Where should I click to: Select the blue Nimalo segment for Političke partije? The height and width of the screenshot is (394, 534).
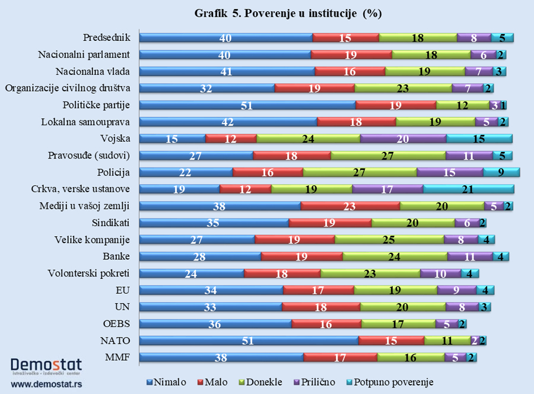pyautogui.click(x=247, y=105)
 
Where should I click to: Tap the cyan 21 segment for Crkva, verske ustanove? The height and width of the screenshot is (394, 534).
pyautogui.click(x=468, y=189)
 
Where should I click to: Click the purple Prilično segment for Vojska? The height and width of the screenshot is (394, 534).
pyautogui.click(x=403, y=139)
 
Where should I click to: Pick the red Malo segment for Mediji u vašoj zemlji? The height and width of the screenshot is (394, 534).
pyautogui.click(x=350, y=206)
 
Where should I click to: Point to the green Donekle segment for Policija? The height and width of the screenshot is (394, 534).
pyautogui.click(x=360, y=172)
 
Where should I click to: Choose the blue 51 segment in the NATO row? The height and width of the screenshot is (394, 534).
pyautogui.click(x=249, y=341)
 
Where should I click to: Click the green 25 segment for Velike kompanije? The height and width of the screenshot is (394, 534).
pyautogui.click(x=389, y=240)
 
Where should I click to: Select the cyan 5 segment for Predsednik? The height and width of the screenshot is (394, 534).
pyautogui.click(x=502, y=38)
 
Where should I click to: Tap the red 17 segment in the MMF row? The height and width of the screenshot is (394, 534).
pyautogui.click(x=340, y=357)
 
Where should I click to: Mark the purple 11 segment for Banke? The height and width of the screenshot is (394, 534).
pyautogui.click(x=470, y=256)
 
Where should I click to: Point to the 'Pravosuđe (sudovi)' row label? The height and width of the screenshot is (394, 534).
pyautogui.click(x=88, y=155)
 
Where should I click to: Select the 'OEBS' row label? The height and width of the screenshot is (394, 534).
pyautogui.click(x=117, y=324)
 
